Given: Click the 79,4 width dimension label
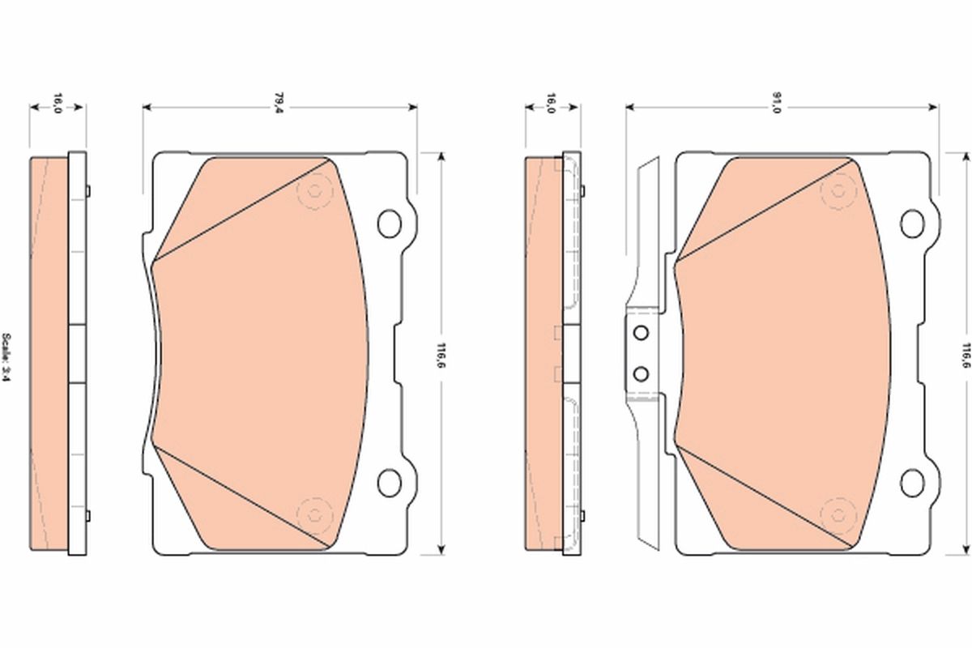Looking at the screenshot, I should (279, 102).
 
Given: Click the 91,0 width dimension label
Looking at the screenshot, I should (776, 102).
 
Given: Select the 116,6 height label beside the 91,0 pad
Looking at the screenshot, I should (964, 353).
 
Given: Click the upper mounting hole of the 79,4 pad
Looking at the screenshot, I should (390, 223).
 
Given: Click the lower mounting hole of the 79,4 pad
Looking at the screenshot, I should (390, 482).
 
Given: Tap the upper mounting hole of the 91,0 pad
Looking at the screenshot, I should (913, 223).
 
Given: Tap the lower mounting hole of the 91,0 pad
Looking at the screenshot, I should (913, 482).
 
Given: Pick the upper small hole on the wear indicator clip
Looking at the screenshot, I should (641, 334).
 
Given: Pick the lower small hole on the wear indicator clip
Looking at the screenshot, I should (641, 373).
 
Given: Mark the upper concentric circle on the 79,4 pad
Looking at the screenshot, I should (313, 192).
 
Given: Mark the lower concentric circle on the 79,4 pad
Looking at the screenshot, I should (313, 513).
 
